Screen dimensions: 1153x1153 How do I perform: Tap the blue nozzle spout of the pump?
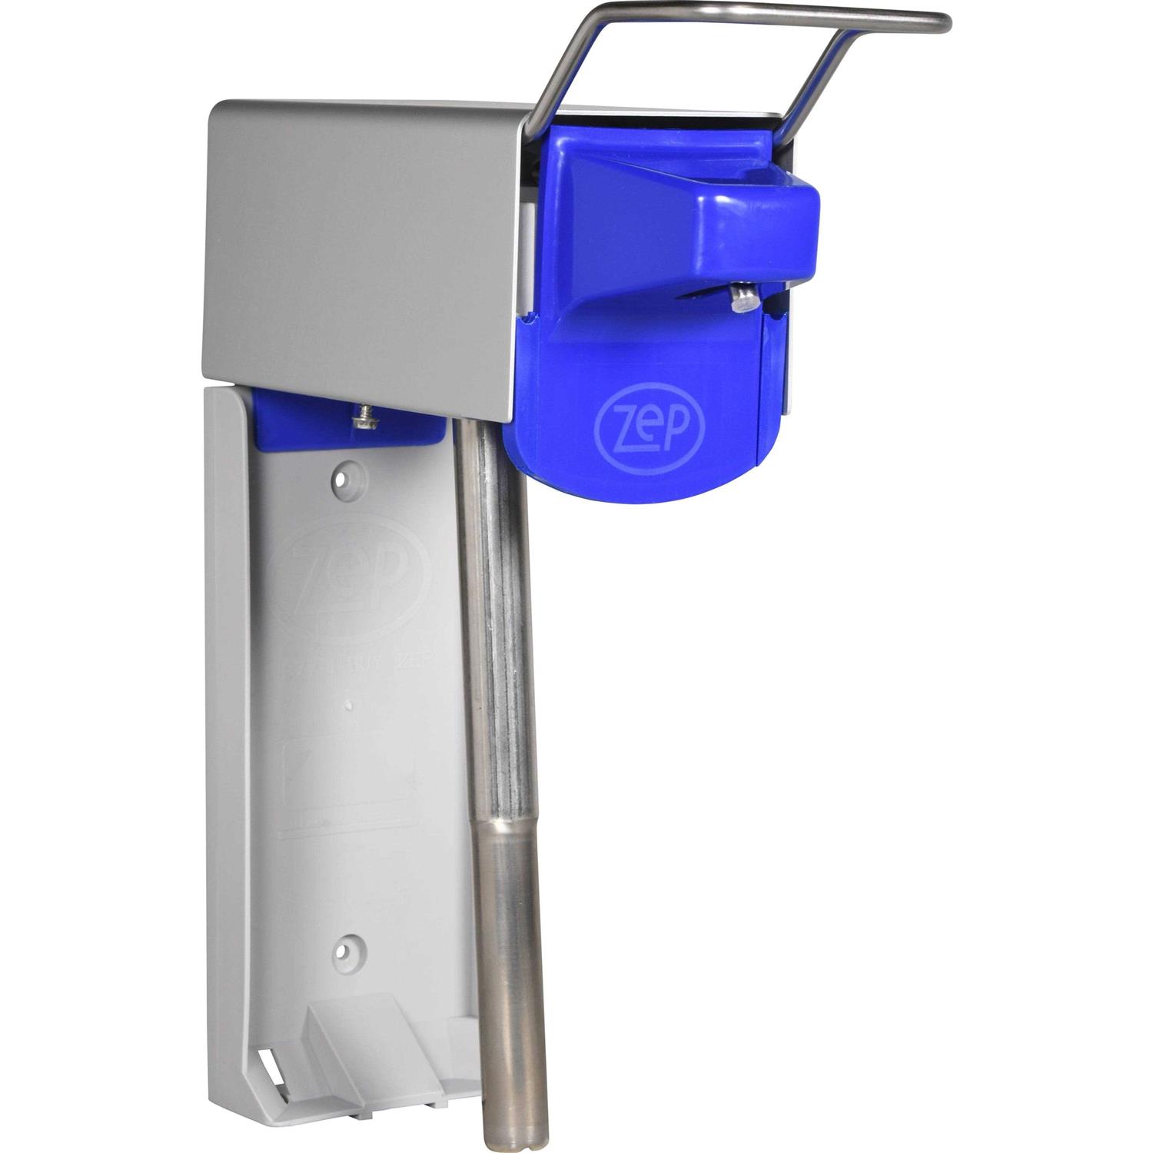click(757, 231)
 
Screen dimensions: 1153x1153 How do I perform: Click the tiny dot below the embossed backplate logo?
click(349, 703)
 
